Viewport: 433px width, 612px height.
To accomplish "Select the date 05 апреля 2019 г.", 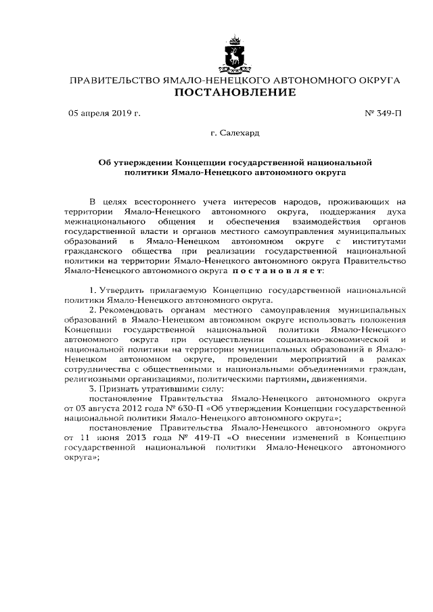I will point(104,114).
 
